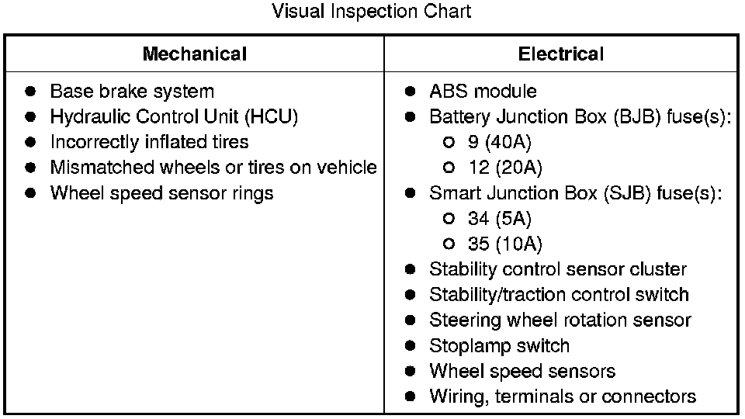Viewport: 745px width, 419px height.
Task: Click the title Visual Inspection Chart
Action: point(372,12)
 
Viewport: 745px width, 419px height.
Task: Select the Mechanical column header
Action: point(195,54)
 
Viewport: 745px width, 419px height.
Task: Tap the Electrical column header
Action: point(560,54)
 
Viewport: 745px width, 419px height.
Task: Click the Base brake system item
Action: point(132,92)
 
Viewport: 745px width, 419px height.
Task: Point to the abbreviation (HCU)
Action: point(272,117)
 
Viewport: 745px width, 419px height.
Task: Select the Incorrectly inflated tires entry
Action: point(149,143)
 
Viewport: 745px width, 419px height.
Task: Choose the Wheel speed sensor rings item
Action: point(161,193)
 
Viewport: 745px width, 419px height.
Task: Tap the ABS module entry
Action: point(483,92)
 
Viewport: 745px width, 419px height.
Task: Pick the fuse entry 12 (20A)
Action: point(504,168)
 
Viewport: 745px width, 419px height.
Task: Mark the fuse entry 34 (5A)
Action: point(499,219)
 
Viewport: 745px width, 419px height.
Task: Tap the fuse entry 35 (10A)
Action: point(504,244)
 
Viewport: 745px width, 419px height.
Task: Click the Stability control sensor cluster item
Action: point(557,270)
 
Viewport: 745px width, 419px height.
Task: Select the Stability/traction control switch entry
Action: point(559,295)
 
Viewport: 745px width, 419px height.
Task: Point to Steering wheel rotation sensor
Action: point(560,320)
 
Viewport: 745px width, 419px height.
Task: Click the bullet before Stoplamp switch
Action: point(411,346)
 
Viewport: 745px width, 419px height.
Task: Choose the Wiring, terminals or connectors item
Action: point(562,396)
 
